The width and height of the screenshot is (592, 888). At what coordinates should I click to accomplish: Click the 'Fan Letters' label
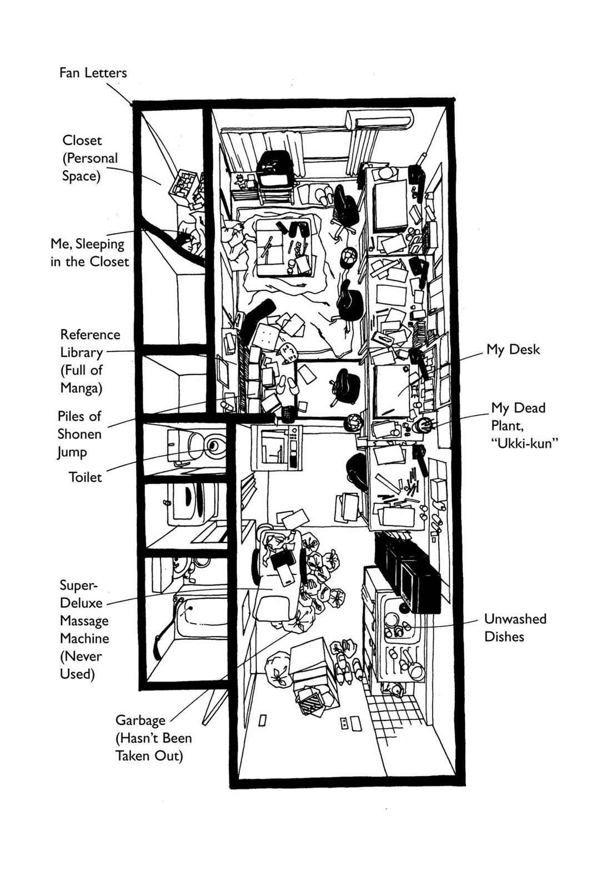tap(93, 73)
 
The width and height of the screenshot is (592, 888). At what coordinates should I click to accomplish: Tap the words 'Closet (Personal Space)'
tap(90, 158)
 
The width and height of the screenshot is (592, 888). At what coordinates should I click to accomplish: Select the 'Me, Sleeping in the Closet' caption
tap(89, 252)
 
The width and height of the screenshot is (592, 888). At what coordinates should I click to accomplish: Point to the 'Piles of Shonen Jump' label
tap(79, 433)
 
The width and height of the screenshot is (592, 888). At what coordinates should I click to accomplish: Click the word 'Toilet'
tap(85, 477)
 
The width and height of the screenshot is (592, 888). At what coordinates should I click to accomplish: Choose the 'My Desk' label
tap(513, 350)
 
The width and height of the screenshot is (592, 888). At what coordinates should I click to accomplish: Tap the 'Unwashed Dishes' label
tap(515, 627)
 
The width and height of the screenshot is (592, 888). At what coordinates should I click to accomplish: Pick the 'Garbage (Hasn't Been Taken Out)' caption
tap(153, 738)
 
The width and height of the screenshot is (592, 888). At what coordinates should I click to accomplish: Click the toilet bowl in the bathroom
tap(212, 445)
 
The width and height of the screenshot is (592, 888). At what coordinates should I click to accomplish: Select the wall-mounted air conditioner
tap(379, 119)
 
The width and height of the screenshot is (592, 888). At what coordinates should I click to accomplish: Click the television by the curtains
tap(274, 171)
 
